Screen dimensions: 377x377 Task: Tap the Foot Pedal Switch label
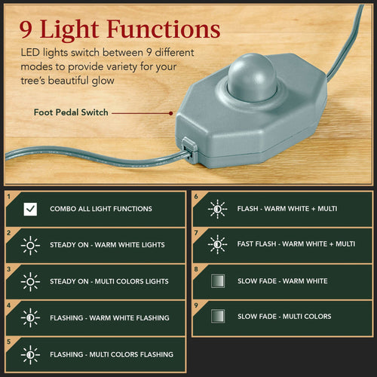[x=70, y=112]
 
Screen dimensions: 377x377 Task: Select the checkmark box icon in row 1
[x=30, y=209]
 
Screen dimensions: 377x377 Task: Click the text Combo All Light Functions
[x=101, y=209]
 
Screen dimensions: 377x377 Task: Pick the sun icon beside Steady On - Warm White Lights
[x=30, y=245]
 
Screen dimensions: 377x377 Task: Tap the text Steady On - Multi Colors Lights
[x=109, y=281]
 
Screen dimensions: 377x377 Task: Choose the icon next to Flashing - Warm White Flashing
[x=30, y=317]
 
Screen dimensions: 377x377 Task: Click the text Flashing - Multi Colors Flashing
[x=112, y=354]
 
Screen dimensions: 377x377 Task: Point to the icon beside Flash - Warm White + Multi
[x=217, y=208]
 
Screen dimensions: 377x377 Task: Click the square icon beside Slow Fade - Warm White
[x=217, y=280]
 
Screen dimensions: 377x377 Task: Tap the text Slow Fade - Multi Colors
[x=284, y=316]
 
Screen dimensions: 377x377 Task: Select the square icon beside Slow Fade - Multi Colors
[x=217, y=316]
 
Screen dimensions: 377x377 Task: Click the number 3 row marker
[x=8, y=268]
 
